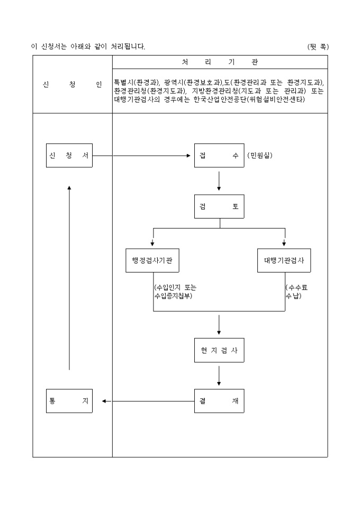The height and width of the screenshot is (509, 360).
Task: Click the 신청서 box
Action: [69, 156]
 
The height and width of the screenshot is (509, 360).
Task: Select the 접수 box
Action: [219, 156]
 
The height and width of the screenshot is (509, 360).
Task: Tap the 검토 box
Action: [219, 207]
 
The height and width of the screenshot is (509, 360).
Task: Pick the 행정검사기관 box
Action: [152, 260]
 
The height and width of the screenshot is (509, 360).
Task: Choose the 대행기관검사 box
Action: [284, 260]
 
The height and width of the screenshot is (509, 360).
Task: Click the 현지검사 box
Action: [219, 350]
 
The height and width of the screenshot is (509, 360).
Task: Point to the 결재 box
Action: [219, 401]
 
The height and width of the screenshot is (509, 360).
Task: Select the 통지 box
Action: [69, 401]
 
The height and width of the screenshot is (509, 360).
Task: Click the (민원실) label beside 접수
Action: [260, 156]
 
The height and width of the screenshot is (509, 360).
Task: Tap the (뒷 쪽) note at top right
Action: [318, 47]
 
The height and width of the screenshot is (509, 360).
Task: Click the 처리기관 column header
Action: [220, 62]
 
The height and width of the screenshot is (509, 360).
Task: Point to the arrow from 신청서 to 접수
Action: [143, 156]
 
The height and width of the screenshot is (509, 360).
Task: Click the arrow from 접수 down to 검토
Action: [219, 181]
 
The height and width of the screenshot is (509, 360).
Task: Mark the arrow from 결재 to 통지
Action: [148, 401]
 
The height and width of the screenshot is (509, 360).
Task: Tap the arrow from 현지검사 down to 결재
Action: [219, 375]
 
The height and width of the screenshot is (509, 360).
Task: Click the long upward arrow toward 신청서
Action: [69, 275]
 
